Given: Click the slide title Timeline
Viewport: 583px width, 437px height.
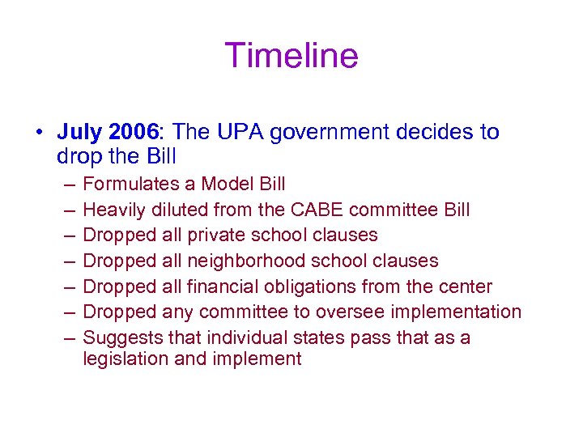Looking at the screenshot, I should pos(291,56).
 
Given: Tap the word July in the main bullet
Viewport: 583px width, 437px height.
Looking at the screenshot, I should pos(79,132).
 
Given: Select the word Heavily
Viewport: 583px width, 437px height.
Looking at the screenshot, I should pos(113,210).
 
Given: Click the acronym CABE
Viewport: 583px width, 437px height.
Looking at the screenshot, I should pos(306,210).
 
